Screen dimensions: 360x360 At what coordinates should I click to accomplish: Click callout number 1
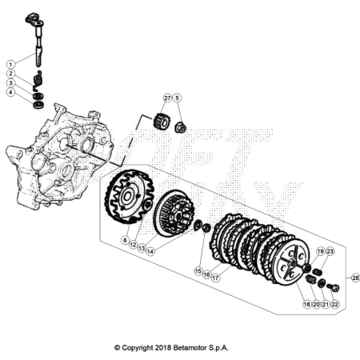pos(10,64)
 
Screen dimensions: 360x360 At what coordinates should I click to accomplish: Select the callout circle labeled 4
pos(10,93)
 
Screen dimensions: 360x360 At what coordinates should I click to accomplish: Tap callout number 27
pos(167,98)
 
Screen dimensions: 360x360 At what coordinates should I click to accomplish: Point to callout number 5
pos(177,98)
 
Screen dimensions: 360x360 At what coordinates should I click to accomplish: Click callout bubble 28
pos(355,278)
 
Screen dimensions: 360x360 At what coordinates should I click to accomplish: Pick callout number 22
pos(334,304)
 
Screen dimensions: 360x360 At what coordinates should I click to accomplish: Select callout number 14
pos(150,251)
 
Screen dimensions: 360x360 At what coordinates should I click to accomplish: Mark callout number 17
pos(215,278)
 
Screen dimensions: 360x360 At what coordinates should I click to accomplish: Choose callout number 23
pos(330,251)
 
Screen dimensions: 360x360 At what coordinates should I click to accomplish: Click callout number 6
pos(125,240)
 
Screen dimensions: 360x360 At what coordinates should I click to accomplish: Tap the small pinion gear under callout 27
pos(162,122)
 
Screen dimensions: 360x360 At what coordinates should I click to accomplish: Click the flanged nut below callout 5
pos(181,128)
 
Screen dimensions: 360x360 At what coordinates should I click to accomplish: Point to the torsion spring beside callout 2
pos(38,81)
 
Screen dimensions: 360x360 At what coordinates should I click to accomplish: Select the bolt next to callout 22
pos(333,287)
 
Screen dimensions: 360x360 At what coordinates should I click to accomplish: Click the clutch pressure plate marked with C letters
pos(291,262)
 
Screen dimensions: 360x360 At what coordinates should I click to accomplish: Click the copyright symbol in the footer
pos(117,348)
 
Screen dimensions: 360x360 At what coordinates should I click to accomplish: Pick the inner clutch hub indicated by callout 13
pos(174,213)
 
